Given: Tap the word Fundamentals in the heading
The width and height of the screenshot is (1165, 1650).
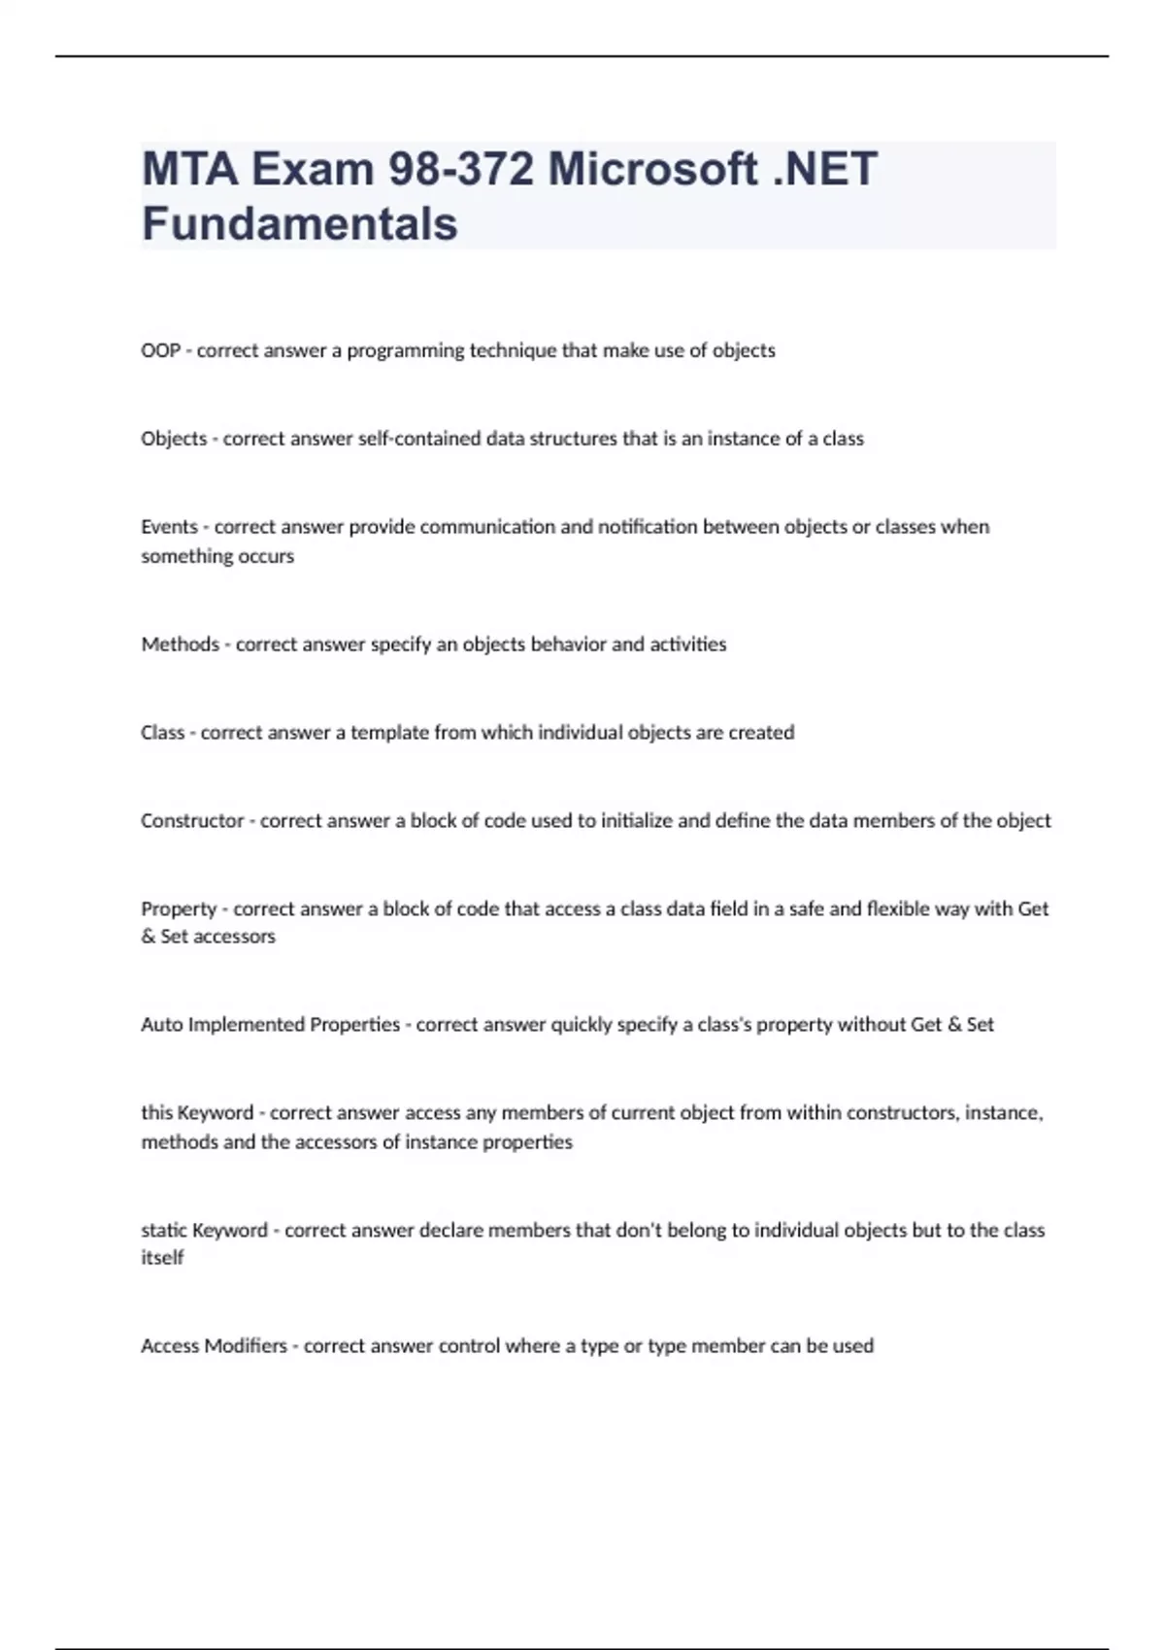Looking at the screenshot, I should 299,224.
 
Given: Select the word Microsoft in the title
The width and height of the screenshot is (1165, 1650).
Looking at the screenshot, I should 652,170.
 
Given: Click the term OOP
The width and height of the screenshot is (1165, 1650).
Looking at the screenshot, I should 160,350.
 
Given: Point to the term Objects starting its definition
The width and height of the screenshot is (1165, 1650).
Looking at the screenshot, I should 174,439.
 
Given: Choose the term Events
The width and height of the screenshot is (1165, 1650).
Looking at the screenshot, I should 169,527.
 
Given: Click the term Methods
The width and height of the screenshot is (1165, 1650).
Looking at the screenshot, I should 180,644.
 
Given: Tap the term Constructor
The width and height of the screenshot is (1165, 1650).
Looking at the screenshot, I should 192,821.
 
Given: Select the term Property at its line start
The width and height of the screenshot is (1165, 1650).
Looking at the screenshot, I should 179,909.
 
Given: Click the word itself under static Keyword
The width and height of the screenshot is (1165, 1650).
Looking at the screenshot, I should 162,1258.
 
